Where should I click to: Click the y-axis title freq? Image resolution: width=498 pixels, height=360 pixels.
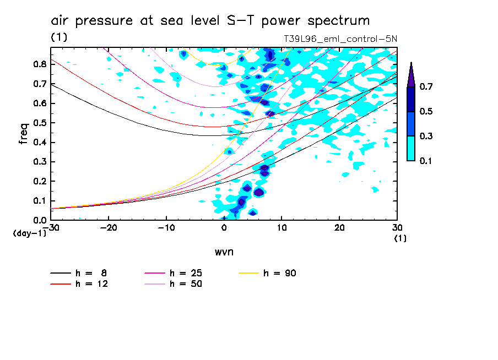(x=24, y=134)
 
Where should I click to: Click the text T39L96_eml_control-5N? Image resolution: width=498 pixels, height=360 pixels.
(x=340, y=39)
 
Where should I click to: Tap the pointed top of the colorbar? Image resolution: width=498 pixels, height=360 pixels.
(x=411, y=64)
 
